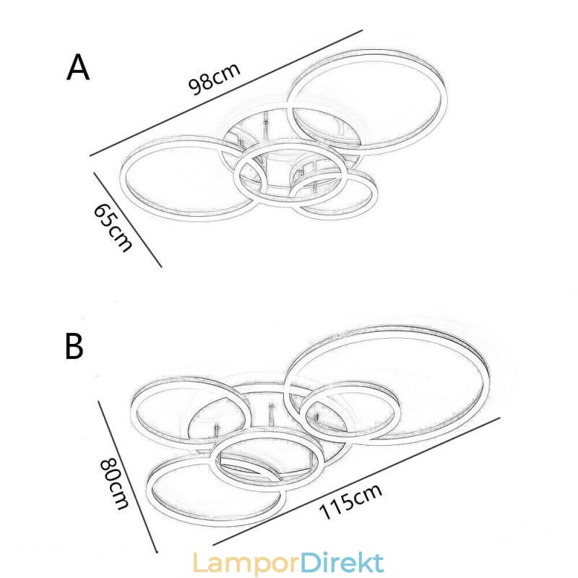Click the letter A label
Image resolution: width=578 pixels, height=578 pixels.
[78, 67]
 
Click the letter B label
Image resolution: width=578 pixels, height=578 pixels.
[74, 346]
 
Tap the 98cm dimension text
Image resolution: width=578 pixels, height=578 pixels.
[214, 79]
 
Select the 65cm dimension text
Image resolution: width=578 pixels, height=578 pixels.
[113, 228]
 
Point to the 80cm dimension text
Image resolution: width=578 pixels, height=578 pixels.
[114, 483]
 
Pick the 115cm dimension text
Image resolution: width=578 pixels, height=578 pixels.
[350, 501]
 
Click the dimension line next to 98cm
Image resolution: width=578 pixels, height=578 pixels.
[226, 93]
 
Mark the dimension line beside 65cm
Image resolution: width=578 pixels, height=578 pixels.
[128, 220]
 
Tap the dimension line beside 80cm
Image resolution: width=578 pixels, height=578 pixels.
[128, 477]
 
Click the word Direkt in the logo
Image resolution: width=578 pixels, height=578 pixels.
[342, 562]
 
